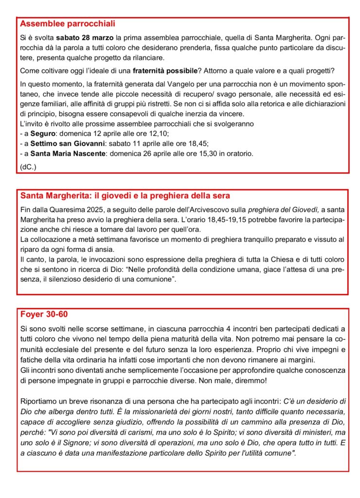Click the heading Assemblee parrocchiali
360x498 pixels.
pyautogui.click(x=68, y=23)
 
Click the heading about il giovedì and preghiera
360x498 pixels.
pyautogui.click(x=125, y=196)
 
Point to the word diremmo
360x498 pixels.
pyautogui.click(x=245, y=380)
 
